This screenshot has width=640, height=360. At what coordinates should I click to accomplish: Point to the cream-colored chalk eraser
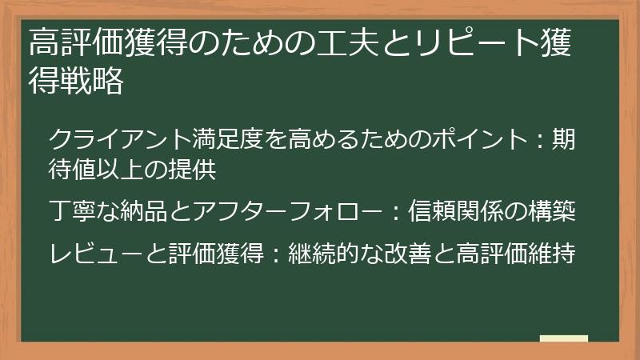[x=564, y=339]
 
